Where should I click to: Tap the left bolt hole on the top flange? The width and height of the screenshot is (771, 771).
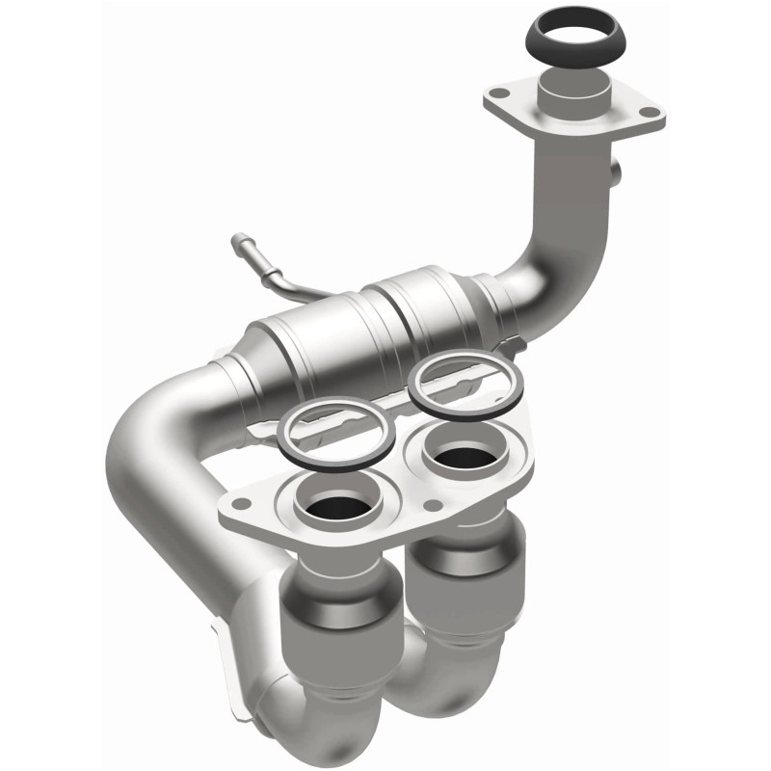coord(499,94)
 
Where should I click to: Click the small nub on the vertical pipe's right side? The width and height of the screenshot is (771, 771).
coord(616,175)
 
